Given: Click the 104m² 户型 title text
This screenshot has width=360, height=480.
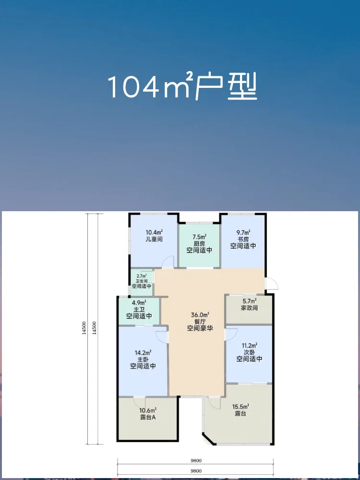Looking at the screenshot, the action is coord(182,87).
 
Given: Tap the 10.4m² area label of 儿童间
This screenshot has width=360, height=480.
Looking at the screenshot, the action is coord(154,232).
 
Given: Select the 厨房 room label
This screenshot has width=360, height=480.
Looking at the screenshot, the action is coord(199,244).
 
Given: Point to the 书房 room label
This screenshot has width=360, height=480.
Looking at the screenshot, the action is coord(243,239).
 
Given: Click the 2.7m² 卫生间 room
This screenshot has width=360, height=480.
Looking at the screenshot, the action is coord(142,282).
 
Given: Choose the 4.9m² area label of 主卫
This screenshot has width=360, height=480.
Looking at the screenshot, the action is coord(139,303).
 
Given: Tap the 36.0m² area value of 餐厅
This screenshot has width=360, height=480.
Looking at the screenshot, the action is coord(200,315).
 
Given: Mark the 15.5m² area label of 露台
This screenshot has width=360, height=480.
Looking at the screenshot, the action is coord(240,407).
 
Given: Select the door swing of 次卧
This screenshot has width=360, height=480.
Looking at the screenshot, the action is coord(231,334).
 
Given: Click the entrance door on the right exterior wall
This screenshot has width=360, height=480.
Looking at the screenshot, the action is coord(272,283).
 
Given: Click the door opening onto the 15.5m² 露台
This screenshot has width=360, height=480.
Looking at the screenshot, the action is coord(214,403).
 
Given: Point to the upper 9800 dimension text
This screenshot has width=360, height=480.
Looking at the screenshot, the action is coord(195,460).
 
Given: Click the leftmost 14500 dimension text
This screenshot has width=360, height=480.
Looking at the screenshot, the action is coord(84,329).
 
